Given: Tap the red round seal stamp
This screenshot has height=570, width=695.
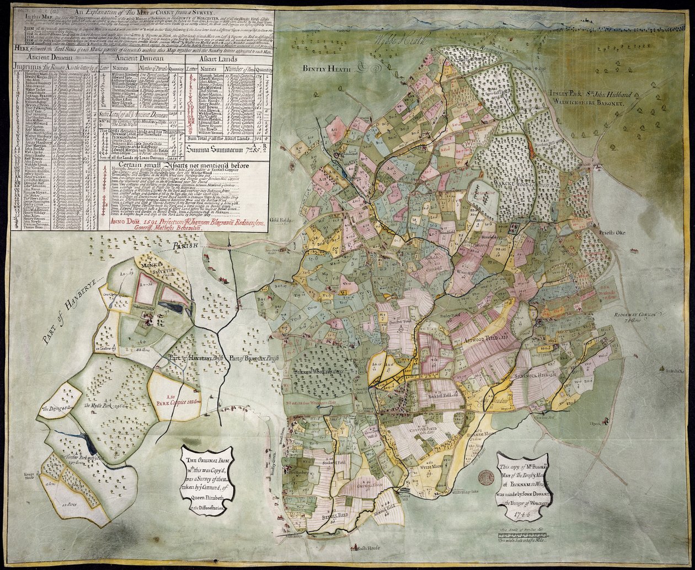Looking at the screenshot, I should (485, 477).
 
